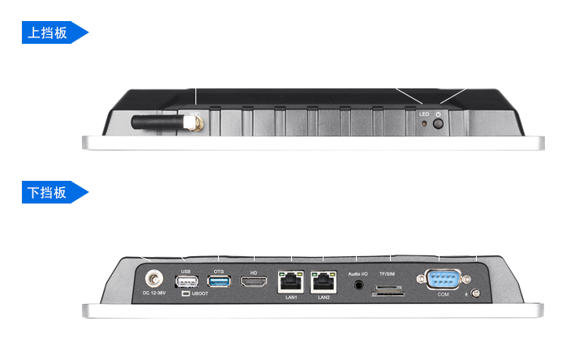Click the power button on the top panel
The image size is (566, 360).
(439, 126)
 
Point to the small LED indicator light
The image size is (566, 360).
(424, 125)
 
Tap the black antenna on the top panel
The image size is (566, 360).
(157, 122)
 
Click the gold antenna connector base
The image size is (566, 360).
(192, 124)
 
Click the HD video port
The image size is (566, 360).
(254, 281)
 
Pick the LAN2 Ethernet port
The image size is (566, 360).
(324, 281)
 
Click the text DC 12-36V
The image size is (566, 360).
(154, 294)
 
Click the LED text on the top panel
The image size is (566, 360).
(423, 114)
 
